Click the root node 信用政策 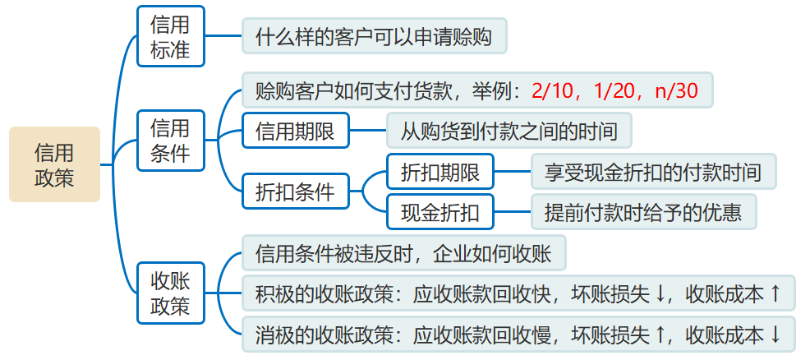(54, 164)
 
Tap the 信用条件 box (170, 140)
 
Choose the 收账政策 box (170, 293)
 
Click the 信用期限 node (295, 131)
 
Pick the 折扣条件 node (295, 192)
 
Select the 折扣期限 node (440, 172)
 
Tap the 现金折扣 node (440, 212)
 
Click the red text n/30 (676, 90)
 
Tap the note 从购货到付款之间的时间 (504, 131)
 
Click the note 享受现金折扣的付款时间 (653, 172)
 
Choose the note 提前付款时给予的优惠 (643, 212)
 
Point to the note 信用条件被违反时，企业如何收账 (403, 252)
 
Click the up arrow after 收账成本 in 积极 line (775, 293)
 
